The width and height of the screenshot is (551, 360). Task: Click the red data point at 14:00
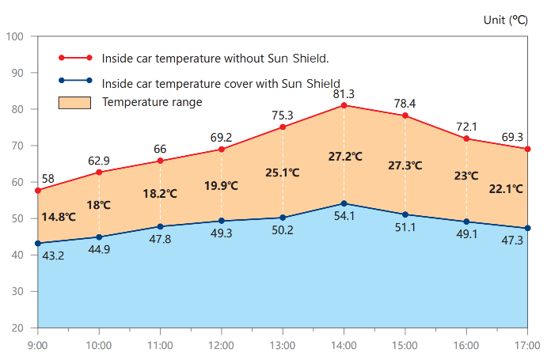click(x=344, y=105)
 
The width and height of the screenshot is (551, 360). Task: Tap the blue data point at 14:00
click(x=344, y=203)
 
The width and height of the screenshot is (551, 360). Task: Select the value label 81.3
click(x=344, y=93)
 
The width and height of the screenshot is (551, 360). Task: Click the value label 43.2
click(x=53, y=256)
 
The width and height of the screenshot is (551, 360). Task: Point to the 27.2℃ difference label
click(x=345, y=156)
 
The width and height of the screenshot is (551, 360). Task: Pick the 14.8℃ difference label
click(x=58, y=216)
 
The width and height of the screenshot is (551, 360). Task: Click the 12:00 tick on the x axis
click(x=221, y=346)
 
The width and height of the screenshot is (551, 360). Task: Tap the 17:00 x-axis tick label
click(x=527, y=346)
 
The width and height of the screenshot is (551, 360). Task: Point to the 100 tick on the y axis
click(x=16, y=36)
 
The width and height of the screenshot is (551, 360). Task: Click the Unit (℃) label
click(x=506, y=20)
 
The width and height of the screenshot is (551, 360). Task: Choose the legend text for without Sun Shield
click(x=215, y=59)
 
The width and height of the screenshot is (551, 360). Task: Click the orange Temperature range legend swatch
click(x=75, y=102)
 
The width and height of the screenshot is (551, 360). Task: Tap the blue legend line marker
click(x=75, y=81)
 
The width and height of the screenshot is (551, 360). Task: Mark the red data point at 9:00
click(x=38, y=191)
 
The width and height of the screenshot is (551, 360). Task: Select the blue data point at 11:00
click(x=161, y=226)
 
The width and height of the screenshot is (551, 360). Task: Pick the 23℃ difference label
click(x=465, y=176)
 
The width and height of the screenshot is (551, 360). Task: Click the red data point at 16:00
click(x=466, y=138)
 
